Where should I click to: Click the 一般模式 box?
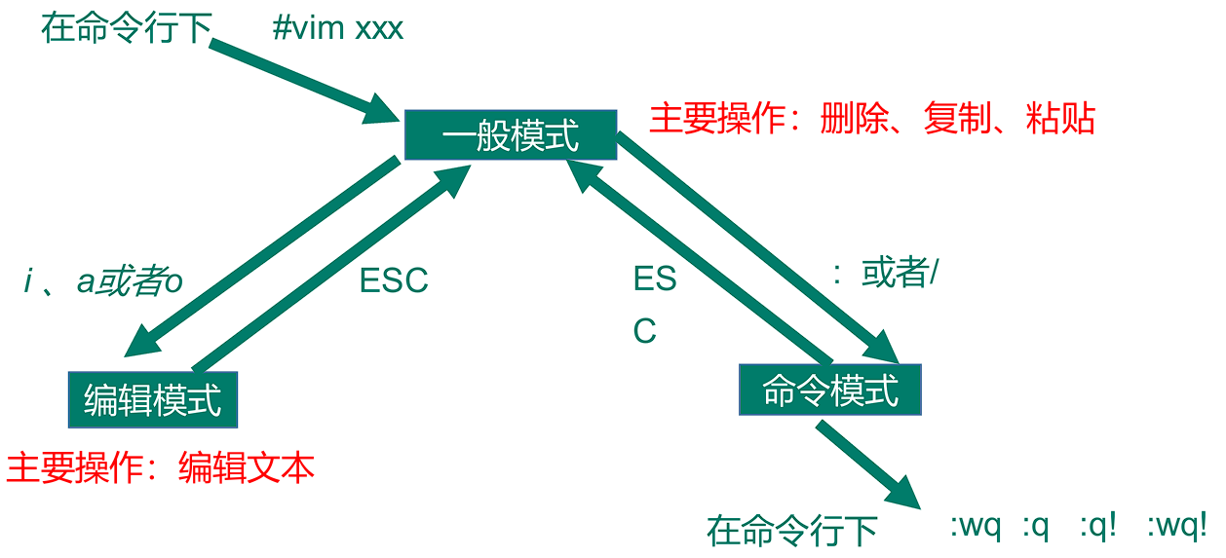point(510,134)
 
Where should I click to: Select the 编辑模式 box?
point(153,399)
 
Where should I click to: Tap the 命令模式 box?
point(830,391)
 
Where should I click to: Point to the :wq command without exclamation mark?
point(976,527)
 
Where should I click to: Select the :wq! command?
point(1177,527)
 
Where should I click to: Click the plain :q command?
point(1035,527)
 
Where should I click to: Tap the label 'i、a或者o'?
point(103,281)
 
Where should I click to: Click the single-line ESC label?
point(394,280)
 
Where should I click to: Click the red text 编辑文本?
point(247,468)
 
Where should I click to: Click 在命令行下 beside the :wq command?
point(792,531)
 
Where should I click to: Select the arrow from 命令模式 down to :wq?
point(867,465)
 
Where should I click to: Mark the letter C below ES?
point(645,331)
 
